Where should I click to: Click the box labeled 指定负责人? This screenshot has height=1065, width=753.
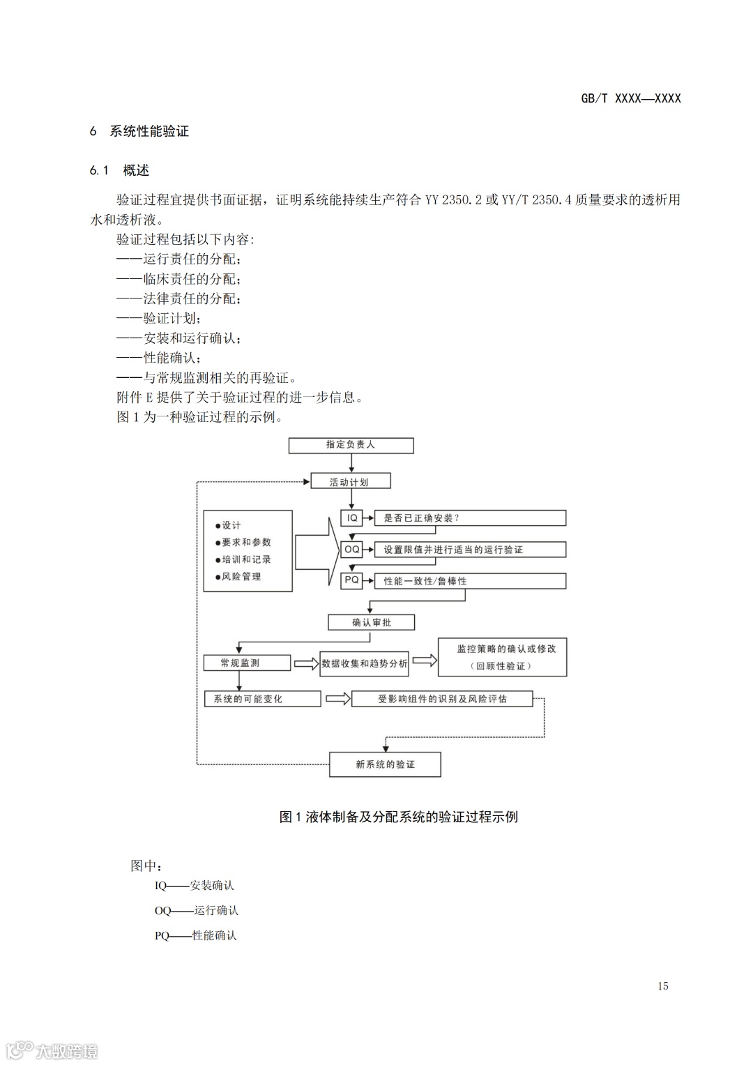click(x=351, y=445)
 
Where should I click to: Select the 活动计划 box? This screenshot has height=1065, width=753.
click(x=351, y=481)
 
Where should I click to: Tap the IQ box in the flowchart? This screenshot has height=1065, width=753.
click(x=352, y=518)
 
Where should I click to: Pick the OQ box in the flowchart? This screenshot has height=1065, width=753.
click(x=352, y=550)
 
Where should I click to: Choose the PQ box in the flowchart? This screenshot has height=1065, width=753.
click(x=352, y=580)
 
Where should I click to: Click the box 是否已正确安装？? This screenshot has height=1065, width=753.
click(x=470, y=518)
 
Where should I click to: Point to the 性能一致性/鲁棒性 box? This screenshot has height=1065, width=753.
click(x=470, y=581)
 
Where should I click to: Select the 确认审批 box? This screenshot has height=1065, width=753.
click(x=372, y=622)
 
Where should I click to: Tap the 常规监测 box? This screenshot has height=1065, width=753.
click(x=246, y=663)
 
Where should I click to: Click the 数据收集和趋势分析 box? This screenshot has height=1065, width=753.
click(x=365, y=663)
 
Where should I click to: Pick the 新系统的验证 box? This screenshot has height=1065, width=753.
click(x=385, y=764)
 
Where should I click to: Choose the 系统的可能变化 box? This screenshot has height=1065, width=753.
click(x=262, y=699)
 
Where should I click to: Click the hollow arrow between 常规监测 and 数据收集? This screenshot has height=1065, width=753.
click(x=305, y=663)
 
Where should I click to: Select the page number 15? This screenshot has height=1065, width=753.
click(x=662, y=985)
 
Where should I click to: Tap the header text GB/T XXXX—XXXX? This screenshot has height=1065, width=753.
click(x=631, y=98)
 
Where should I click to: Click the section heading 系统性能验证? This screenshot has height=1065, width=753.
click(x=149, y=131)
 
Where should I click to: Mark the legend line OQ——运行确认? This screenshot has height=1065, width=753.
click(x=197, y=910)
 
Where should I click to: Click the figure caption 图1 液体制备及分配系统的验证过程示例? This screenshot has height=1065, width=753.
click(x=398, y=817)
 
